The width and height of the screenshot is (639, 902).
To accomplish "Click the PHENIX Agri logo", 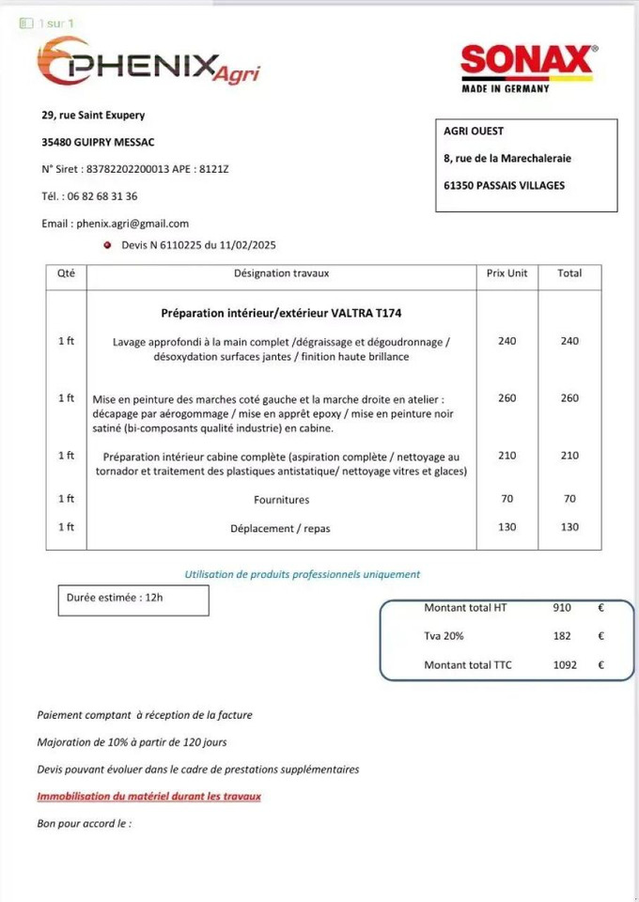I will coord(148,62).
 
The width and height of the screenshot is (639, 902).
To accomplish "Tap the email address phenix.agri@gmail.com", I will coord(132,224).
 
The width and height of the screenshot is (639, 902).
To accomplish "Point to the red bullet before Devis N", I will coord(109,245).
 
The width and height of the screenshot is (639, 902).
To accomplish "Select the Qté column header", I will coord(66,273).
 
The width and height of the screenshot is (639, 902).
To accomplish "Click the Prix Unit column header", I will coord(507,273).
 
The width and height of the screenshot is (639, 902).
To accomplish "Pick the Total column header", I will coord(569,273).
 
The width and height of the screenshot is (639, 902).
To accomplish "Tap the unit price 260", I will coord(507,398).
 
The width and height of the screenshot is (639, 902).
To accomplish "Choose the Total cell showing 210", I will coord(569,456).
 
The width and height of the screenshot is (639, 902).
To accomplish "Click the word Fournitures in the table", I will coord(281,500).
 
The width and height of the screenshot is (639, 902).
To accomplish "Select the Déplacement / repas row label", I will coord(280,528).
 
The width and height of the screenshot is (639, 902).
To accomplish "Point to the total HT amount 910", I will coord(562,608).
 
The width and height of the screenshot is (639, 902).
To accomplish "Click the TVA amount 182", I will coord(562,636).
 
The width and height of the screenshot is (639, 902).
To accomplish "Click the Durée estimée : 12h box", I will coord(133,599).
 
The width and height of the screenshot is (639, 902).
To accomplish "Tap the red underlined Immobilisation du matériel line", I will coord(148,796).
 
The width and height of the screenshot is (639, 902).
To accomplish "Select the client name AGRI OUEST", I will coord(474,132).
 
